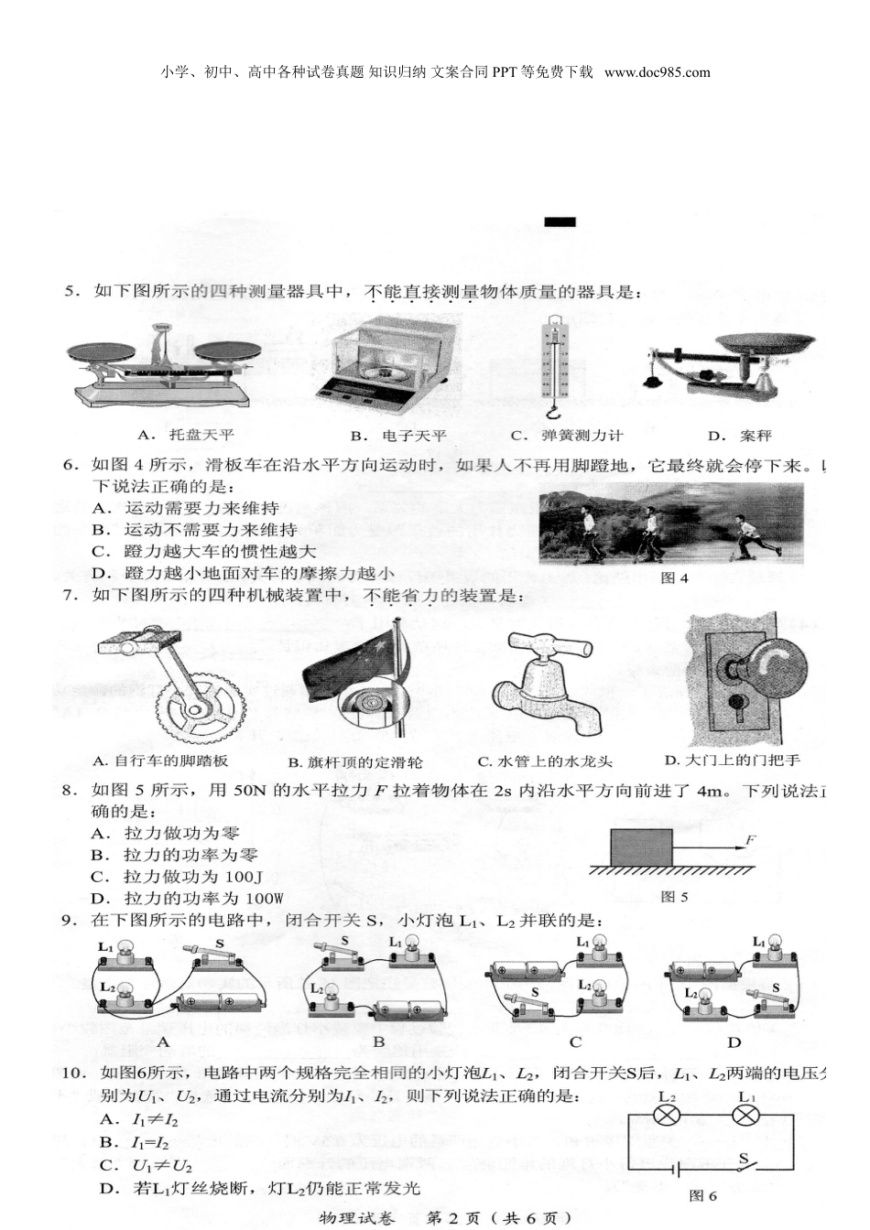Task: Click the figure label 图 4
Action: click(x=674, y=577)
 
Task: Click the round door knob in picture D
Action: click(x=766, y=666)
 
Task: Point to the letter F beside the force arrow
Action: click(x=751, y=839)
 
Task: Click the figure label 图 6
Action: click(x=702, y=1195)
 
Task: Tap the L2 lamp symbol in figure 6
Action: click(x=667, y=1116)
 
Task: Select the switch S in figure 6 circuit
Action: click(x=745, y=1162)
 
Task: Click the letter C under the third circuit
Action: click(x=575, y=1041)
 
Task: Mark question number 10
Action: click(x=74, y=1073)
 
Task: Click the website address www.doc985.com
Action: click(x=658, y=72)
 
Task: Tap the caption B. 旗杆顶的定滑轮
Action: click(x=355, y=761)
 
